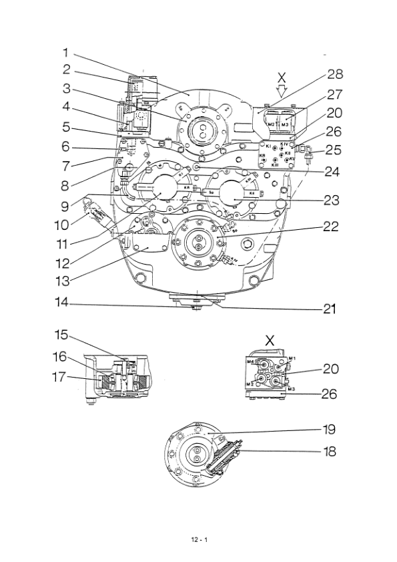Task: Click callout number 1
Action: coord(65,51)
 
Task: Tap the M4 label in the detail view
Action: coord(250,362)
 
